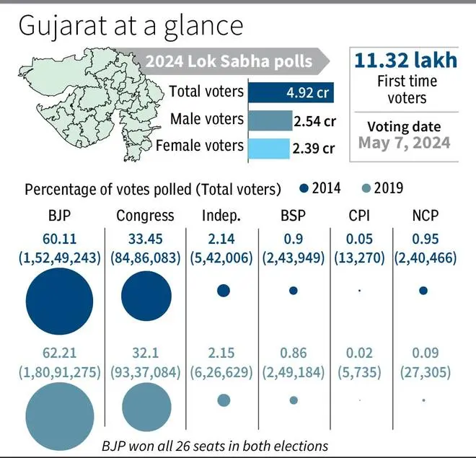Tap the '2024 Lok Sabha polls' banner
(229, 61)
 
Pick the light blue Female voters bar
(268, 147)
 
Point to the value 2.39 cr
(313, 149)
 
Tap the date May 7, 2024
(405, 142)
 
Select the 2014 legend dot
(303, 189)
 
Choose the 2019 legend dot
(366, 189)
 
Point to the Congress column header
(145, 216)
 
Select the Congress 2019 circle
(146, 407)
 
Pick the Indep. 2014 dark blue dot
(223, 291)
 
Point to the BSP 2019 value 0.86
(293, 353)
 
